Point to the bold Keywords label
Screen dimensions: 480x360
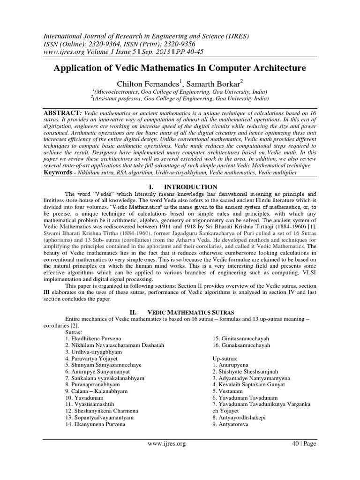coord(61,172)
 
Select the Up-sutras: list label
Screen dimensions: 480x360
coord(228,358)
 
